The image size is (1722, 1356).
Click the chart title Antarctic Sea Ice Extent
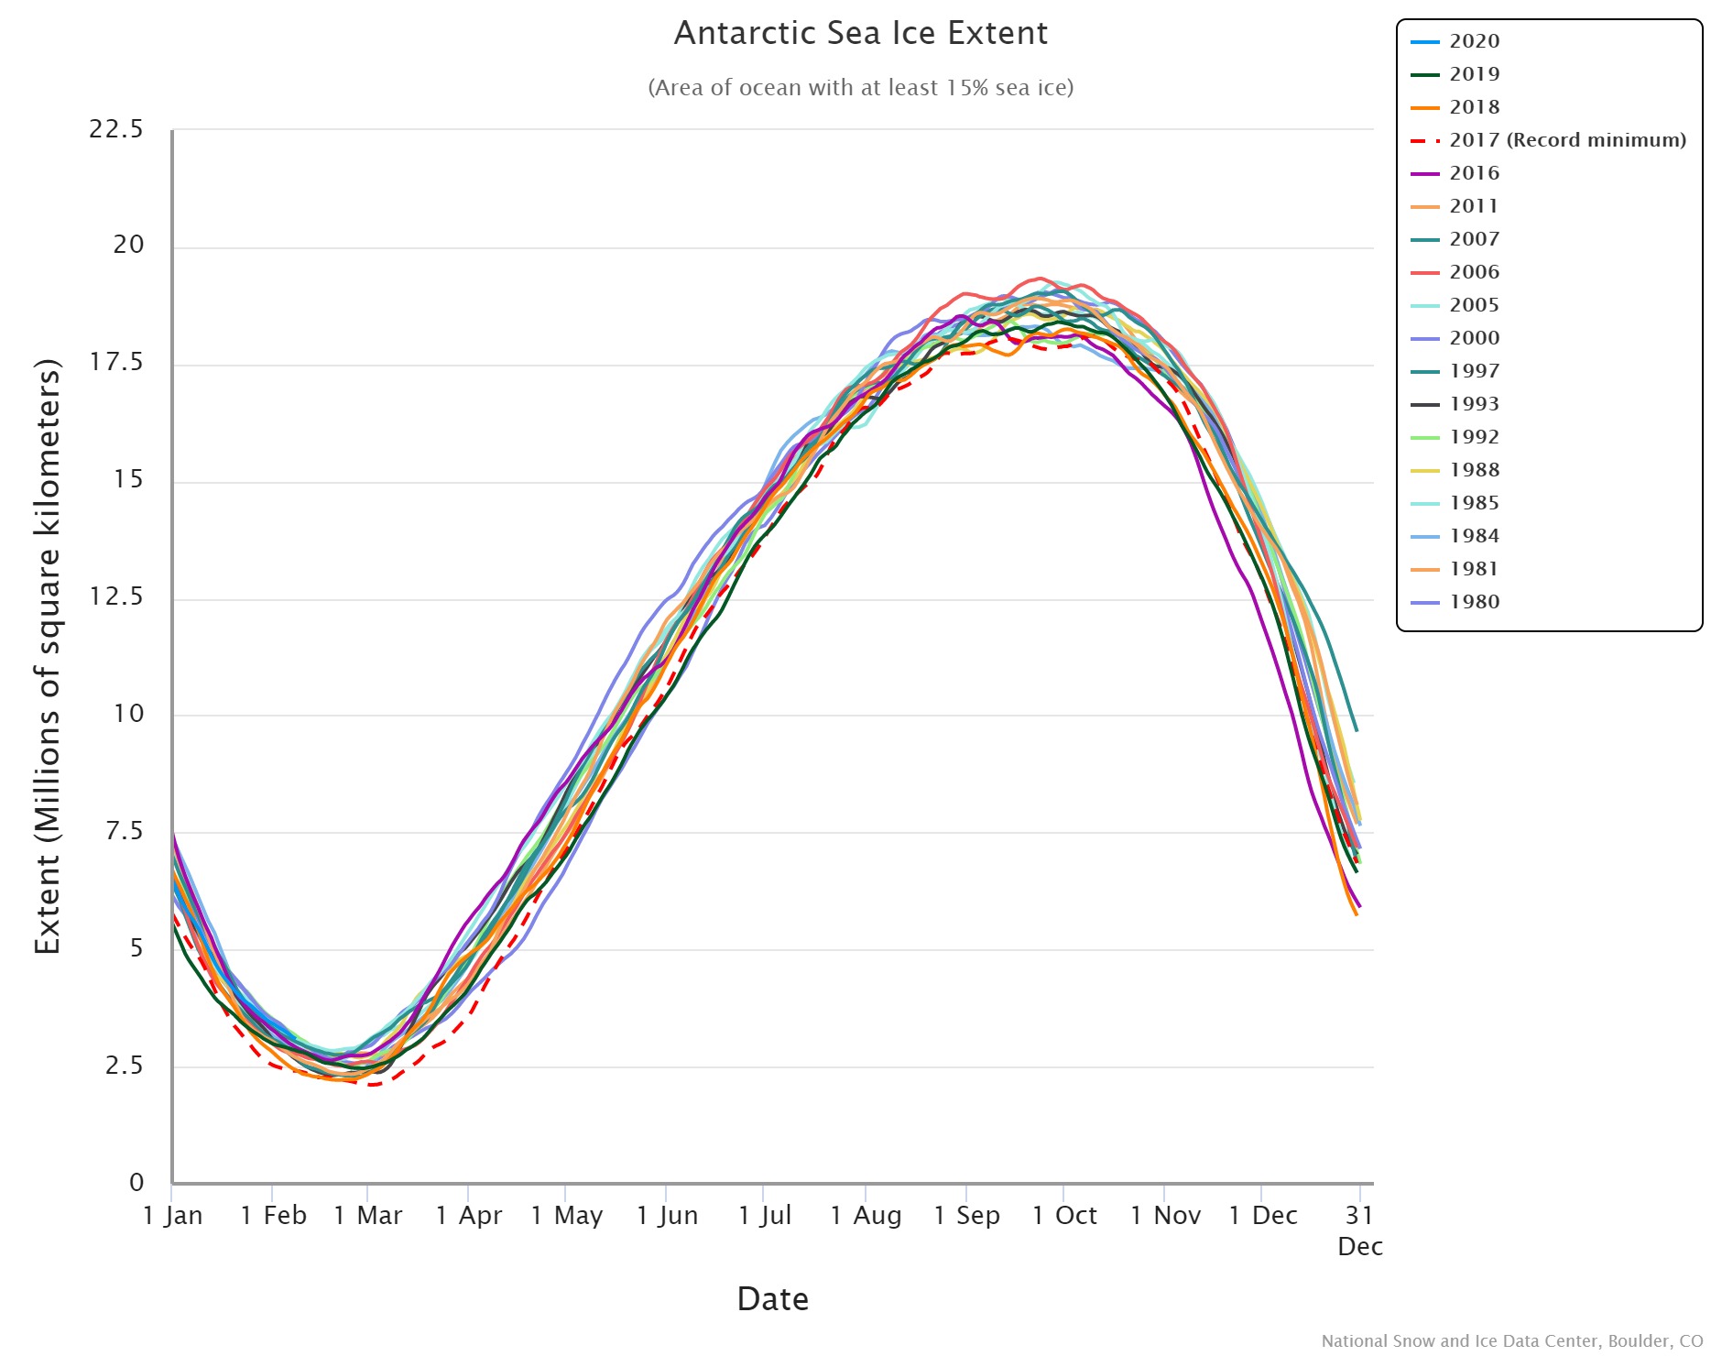click(860, 34)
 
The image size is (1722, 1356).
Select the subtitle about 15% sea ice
click(860, 88)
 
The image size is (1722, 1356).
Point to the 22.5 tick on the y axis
click(116, 129)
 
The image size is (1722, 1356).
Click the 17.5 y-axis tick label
click(116, 363)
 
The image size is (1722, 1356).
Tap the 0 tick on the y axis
click(136, 1183)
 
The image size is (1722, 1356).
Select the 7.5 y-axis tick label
click(124, 831)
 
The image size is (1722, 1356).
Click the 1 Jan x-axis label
click(173, 1216)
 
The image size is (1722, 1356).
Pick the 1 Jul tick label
click(765, 1216)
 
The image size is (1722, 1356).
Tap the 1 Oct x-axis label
click(1064, 1216)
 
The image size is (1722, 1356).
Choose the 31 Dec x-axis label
click(1360, 1230)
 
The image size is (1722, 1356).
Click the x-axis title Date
click(772, 1299)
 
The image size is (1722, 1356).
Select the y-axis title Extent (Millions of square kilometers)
click(48, 656)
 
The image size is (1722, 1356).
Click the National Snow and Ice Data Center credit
click(1511, 1341)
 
